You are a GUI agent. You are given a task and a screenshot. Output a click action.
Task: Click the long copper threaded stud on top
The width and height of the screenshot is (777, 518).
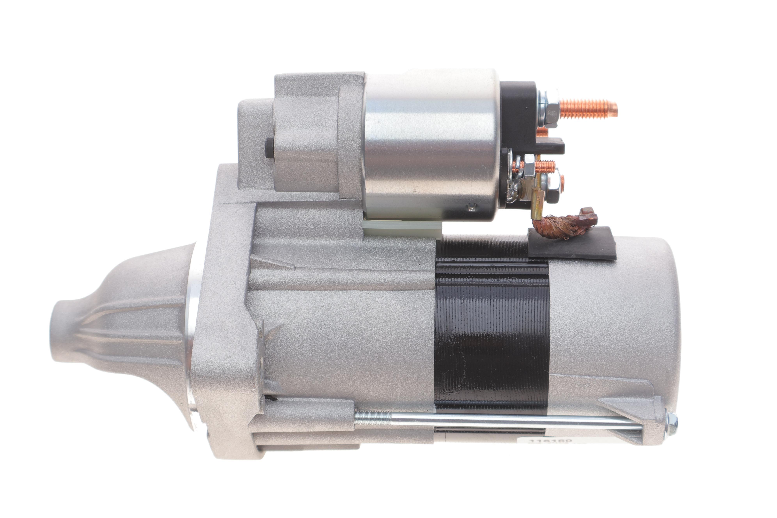590,109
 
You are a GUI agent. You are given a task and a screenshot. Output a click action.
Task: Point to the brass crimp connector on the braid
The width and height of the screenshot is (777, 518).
538,198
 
